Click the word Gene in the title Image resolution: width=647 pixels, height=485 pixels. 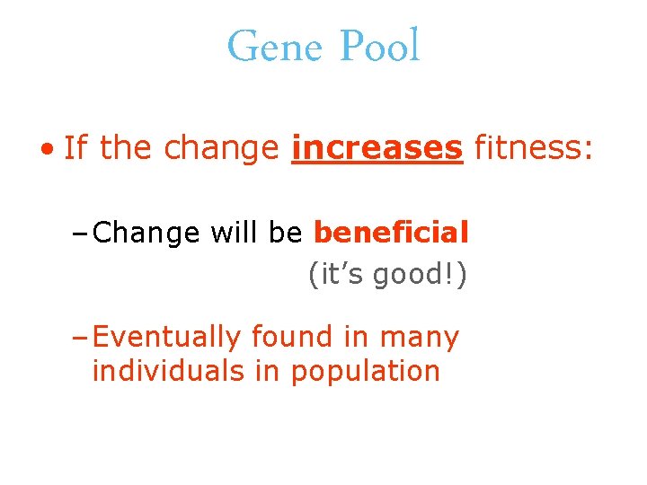(x=275, y=47)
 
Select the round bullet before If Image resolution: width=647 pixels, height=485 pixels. (x=53, y=149)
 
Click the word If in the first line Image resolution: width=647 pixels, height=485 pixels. (x=76, y=148)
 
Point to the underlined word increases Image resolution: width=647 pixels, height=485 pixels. (x=377, y=148)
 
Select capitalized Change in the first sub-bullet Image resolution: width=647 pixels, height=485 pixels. (x=146, y=234)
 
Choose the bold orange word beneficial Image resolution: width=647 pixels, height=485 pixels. (x=391, y=233)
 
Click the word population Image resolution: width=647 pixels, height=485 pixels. (x=366, y=372)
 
